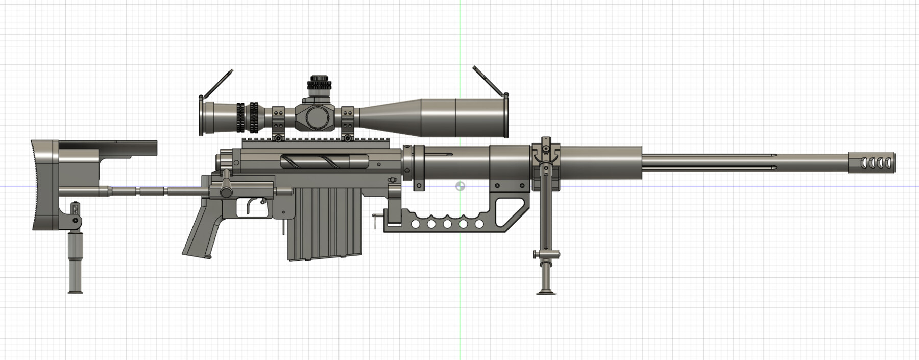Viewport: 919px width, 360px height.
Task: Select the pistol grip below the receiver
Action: (x=202, y=235)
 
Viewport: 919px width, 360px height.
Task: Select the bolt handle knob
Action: (x=225, y=192)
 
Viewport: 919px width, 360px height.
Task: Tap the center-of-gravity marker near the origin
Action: (x=460, y=186)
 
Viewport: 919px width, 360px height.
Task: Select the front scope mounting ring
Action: (x=347, y=122)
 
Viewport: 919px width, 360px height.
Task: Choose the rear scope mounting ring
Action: (x=278, y=123)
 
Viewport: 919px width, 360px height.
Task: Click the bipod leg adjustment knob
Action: (x=535, y=254)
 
